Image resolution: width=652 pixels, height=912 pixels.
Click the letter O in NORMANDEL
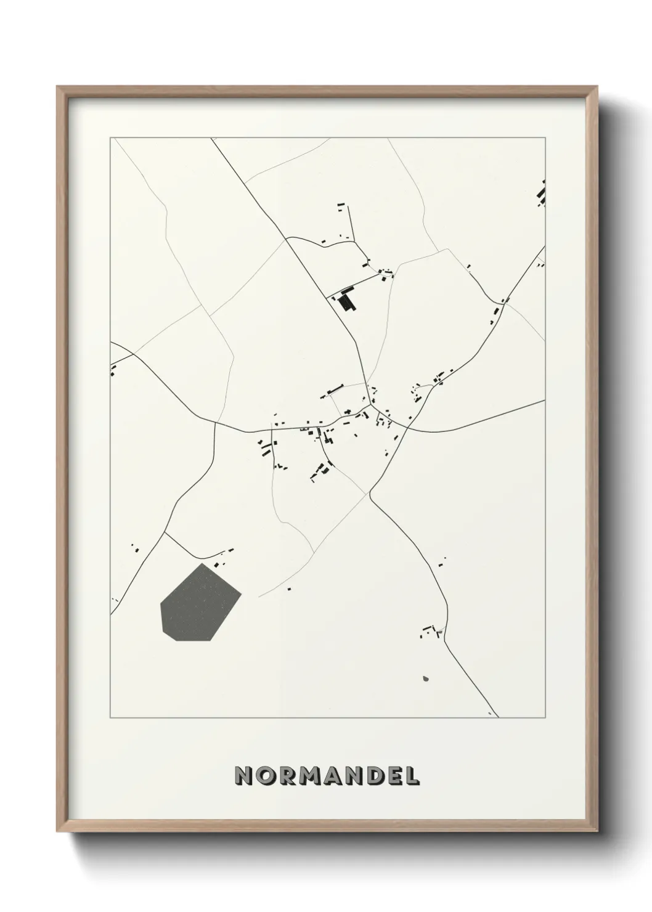(x=267, y=776)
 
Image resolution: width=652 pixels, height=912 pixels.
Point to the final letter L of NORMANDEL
(x=412, y=776)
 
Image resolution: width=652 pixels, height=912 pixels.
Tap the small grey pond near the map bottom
(x=425, y=679)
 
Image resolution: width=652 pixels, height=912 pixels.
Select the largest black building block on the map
(x=346, y=300)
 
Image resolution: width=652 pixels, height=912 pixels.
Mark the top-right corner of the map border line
(x=545, y=138)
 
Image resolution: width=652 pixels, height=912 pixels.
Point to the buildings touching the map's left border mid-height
(x=113, y=370)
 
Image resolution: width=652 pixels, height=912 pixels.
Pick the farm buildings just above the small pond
(x=431, y=630)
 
